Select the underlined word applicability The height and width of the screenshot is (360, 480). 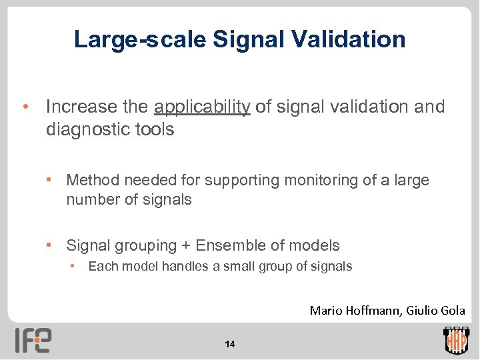(x=202, y=107)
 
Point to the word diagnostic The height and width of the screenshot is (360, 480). (x=83, y=129)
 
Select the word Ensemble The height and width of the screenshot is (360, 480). (x=228, y=246)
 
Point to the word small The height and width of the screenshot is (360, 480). (x=237, y=267)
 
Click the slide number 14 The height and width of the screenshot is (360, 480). (x=230, y=344)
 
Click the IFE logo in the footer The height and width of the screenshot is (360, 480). (x=33, y=339)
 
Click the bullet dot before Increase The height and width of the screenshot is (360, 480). (x=25, y=107)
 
